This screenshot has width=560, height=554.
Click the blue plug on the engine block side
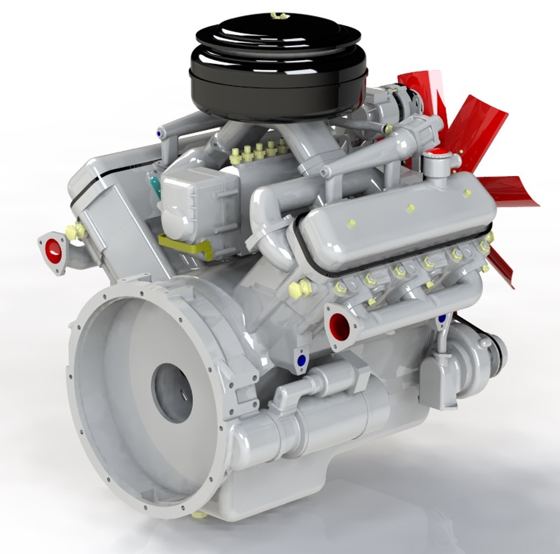[x=301, y=358]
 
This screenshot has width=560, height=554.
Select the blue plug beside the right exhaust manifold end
[x=442, y=319]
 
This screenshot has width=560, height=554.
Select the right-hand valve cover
[x=397, y=221]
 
